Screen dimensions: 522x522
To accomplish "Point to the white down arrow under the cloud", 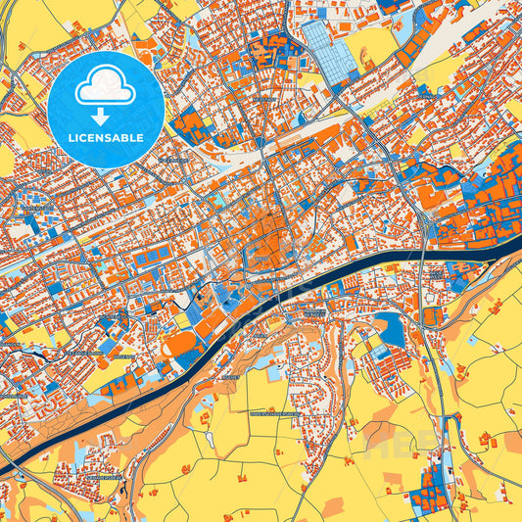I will tap(101, 116).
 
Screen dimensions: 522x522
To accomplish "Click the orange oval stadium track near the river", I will tap(180, 344).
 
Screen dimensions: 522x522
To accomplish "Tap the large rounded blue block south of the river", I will tap(389, 331).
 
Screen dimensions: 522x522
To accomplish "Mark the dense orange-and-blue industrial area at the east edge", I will tap(490, 196).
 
